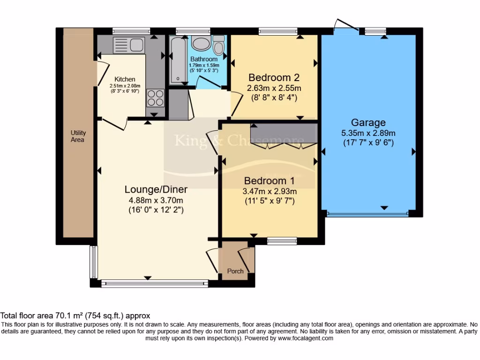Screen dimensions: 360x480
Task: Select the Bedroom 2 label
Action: pyautogui.click(x=274, y=77)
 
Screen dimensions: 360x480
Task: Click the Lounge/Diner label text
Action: pyautogui.click(x=156, y=189)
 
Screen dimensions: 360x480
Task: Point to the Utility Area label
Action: pyautogui.click(x=77, y=136)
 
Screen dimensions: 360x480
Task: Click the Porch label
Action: pyautogui.click(x=235, y=271)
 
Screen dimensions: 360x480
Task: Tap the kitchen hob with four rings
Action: pyautogui.click(x=155, y=97)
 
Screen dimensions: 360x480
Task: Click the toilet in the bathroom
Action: pyautogui.click(x=218, y=45)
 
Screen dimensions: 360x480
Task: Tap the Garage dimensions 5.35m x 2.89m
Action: pyautogui.click(x=368, y=133)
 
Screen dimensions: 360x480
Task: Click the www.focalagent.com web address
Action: pyautogui.click(x=305, y=337)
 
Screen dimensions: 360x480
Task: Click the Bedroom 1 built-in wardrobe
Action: pyautogui.click(x=284, y=134)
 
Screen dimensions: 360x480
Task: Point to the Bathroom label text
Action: pyautogui.click(x=204, y=59)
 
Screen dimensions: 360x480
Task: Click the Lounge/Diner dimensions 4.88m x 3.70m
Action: pyautogui.click(x=156, y=201)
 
